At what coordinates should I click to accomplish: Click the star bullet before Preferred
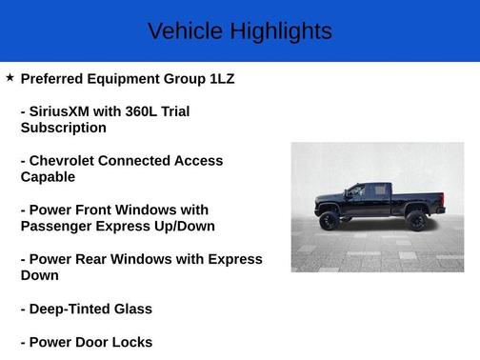10,77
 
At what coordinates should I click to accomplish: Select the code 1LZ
217,78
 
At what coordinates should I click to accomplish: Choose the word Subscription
63,128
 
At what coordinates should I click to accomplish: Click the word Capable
48,177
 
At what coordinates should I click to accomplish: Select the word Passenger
59,226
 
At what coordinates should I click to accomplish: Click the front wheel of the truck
330,221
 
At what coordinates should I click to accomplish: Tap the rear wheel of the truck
416,221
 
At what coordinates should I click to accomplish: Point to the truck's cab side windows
368,191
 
